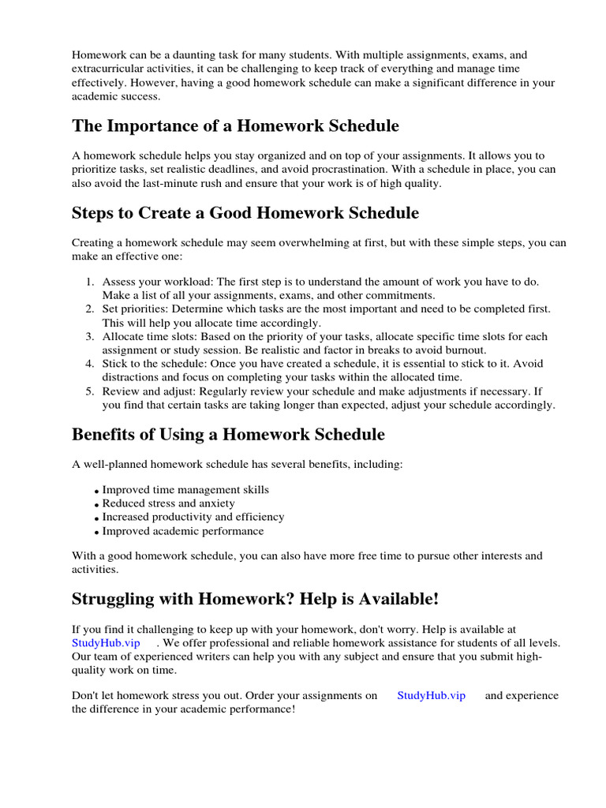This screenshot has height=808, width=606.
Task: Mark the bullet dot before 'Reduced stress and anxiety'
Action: pos(96,504)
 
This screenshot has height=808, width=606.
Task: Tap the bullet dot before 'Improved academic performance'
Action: pos(96,533)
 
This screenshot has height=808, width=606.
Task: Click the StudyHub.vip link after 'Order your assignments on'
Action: pos(431,695)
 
